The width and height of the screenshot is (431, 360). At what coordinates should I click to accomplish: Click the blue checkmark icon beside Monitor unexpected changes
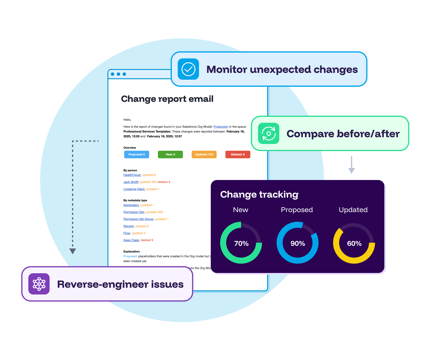coord(188,69)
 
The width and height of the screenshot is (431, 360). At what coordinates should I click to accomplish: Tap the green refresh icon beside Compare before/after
coord(268,133)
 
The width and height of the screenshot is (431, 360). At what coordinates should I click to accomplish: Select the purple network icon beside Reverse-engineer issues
coord(39,284)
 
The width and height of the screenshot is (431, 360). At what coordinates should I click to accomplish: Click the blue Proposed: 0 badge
coord(137,154)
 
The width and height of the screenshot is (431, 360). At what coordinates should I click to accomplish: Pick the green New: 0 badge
coord(170,154)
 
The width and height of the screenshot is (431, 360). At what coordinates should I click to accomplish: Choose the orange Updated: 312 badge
coord(204,154)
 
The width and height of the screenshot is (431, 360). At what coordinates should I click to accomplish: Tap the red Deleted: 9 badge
coord(238,154)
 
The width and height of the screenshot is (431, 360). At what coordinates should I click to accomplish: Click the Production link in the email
coord(221,127)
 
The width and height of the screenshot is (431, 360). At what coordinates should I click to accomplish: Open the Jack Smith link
coord(131,182)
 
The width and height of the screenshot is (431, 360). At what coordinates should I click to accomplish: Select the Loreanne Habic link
coord(134,189)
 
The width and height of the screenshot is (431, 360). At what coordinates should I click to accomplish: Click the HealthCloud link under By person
coord(132,175)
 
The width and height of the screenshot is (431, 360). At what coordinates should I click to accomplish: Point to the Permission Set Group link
coord(139,219)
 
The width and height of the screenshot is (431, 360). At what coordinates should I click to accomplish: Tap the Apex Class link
coord(131,240)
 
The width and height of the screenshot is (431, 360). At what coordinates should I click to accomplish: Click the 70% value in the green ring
coord(241,243)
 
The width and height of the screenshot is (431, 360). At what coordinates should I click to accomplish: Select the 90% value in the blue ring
coord(298,243)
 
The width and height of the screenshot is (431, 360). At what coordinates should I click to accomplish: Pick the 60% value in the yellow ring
coord(354,243)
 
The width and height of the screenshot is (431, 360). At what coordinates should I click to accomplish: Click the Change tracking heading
coord(259,194)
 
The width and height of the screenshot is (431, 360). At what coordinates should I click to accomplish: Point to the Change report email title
coord(167,99)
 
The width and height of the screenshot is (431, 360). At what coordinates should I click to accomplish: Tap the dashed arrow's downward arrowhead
coord(73,251)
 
